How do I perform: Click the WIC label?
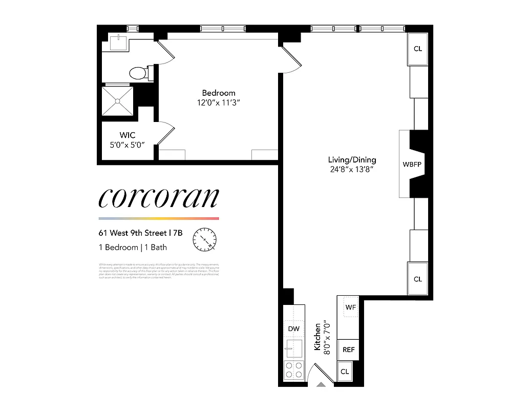pyautogui.click(x=128, y=135)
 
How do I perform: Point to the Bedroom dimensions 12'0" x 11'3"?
pyautogui.click(x=219, y=102)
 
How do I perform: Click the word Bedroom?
pyautogui.click(x=219, y=93)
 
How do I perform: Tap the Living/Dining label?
pyautogui.click(x=352, y=159)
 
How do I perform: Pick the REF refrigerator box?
pyautogui.click(x=348, y=350)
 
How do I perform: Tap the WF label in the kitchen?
pyautogui.click(x=350, y=307)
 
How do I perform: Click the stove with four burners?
pyautogui.click(x=294, y=370)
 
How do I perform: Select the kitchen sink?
pyautogui.click(x=293, y=348)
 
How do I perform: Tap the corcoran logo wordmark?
pyautogui.click(x=159, y=198)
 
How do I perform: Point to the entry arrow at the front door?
pyautogui.click(x=321, y=384)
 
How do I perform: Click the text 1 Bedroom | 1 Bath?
pyautogui.click(x=133, y=248)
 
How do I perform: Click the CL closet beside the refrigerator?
pyautogui.click(x=345, y=372)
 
